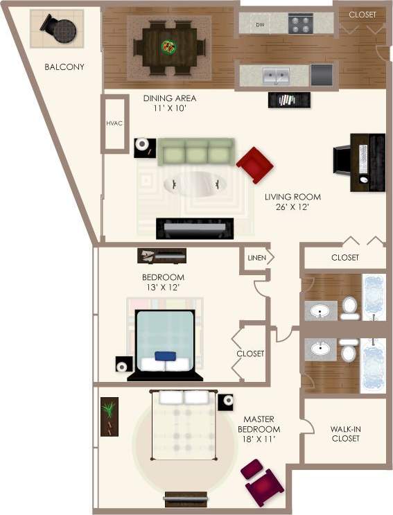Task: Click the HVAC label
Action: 114,123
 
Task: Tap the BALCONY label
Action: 64,67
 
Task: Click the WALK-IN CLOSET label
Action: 346,433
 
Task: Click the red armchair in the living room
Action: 255,164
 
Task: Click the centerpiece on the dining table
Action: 169,47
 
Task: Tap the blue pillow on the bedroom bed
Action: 165,356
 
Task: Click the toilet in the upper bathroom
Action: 350,307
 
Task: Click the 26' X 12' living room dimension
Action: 292,207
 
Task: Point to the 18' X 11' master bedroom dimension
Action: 262,438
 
